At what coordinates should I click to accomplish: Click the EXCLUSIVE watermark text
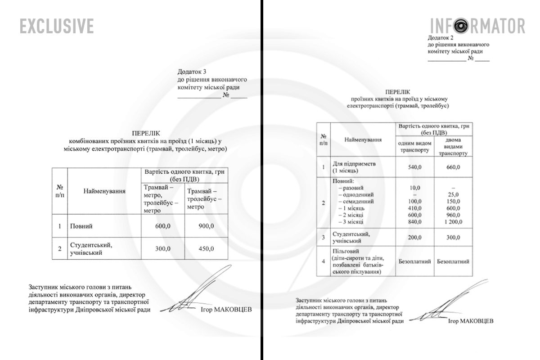[57, 26]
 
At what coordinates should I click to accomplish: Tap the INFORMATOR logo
[477, 26]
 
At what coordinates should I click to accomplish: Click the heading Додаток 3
[192, 72]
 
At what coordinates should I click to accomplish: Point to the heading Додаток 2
[441, 38]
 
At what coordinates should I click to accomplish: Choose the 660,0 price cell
[453, 167]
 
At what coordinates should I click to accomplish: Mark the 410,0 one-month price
[414, 208]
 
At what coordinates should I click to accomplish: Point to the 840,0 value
[414, 222]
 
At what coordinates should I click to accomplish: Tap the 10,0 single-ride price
[414, 187]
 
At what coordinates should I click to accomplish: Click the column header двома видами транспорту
[453, 147]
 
